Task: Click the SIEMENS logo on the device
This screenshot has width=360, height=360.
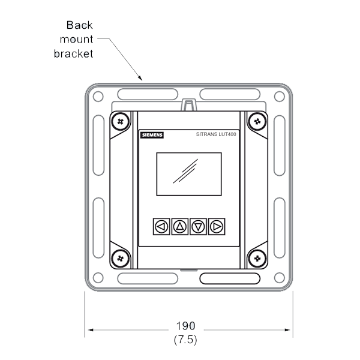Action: click(152, 135)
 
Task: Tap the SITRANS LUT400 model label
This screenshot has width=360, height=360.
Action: click(216, 134)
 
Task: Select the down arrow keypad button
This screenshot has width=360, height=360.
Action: click(198, 227)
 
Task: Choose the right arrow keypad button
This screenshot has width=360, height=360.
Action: click(217, 227)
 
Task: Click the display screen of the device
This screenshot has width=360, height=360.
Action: click(189, 174)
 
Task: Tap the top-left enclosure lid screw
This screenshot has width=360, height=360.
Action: click(121, 121)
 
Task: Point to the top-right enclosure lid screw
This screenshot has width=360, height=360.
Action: click(257, 121)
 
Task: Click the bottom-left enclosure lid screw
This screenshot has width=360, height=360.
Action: click(121, 259)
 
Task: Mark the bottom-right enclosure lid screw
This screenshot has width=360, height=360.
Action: click(257, 259)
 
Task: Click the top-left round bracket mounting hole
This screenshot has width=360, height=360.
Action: click(98, 96)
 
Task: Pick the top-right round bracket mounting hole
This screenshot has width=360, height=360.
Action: click(280, 96)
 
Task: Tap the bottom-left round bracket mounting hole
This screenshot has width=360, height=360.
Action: click(98, 278)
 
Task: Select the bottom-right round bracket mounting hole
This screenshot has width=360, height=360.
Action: click(280, 278)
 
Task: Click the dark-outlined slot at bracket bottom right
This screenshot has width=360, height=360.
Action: click(230, 278)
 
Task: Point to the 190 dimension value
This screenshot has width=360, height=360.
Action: click(185, 326)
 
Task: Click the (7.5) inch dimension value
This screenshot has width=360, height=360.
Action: click(185, 340)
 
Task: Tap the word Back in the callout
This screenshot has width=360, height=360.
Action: click(79, 25)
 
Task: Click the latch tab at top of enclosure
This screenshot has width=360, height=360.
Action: click(189, 105)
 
